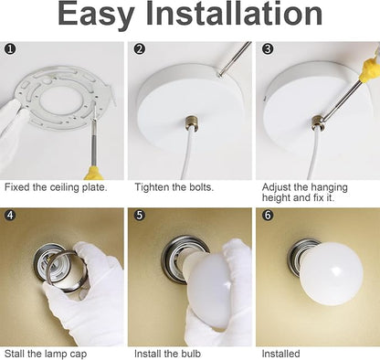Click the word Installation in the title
(x=235, y=14)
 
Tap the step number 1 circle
(x=10, y=48)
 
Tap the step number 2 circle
(x=140, y=48)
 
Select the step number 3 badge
(x=268, y=48)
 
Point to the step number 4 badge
(x=10, y=215)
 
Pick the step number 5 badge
(x=140, y=215)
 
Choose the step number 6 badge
(x=268, y=215)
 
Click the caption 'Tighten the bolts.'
(x=174, y=187)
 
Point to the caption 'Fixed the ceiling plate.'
(x=56, y=187)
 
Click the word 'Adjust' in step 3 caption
(x=277, y=187)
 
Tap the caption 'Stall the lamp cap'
(x=46, y=354)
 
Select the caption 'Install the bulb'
(x=168, y=354)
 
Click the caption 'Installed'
(x=280, y=354)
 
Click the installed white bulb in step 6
(x=331, y=272)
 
